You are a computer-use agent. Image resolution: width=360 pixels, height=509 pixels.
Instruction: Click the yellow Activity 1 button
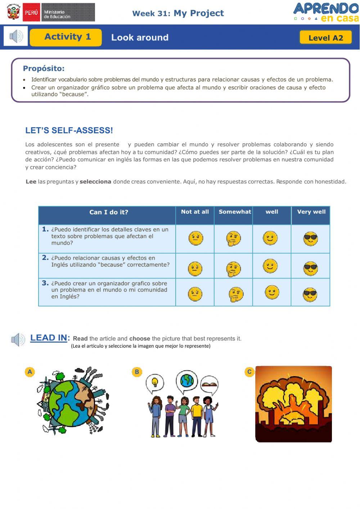click(66, 37)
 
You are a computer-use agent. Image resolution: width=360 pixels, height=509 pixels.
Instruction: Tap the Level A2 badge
click(325, 37)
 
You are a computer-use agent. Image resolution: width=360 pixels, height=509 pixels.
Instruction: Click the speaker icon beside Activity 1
click(16, 36)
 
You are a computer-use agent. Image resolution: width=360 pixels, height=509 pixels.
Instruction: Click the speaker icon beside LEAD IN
click(18, 339)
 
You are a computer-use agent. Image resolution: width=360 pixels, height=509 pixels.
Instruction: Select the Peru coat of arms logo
click(14, 12)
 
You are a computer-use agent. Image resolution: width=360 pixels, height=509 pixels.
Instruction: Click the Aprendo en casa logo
click(326, 13)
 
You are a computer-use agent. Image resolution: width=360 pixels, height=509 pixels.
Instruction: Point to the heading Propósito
click(44, 68)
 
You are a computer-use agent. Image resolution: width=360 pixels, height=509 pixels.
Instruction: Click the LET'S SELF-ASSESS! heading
click(69, 130)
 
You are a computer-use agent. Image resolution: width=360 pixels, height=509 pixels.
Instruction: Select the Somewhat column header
click(235, 212)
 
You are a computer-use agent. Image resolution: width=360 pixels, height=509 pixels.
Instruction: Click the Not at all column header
click(195, 212)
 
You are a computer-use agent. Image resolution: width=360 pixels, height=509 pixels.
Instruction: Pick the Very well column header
click(311, 212)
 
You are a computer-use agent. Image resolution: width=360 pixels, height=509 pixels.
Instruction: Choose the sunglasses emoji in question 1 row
click(310, 239)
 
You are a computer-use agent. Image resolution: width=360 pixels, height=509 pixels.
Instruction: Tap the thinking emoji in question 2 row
click(233, 269)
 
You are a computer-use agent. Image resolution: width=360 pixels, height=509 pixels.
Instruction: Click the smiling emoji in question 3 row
click(272, 292)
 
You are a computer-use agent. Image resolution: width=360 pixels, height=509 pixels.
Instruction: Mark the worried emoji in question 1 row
click(196, 238)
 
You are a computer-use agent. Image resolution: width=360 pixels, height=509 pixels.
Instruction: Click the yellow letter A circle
click(30, 372)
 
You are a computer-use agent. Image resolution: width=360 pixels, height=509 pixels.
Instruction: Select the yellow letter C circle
click(249, 372)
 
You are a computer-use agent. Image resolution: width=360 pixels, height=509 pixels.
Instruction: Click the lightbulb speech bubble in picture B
click(155, 382)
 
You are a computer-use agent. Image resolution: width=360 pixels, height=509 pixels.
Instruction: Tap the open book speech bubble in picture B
click(209, 384)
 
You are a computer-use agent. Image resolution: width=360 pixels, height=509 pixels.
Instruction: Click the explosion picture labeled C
click(293, 404)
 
